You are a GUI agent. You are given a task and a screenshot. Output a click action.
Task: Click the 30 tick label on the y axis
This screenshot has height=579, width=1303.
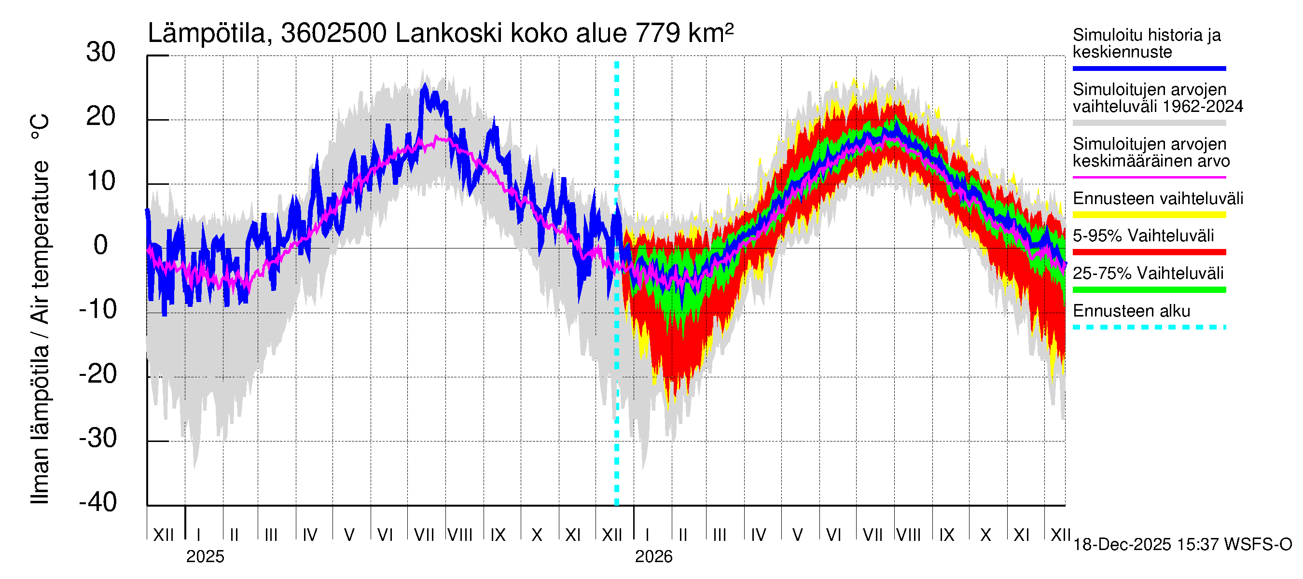coord(101,53)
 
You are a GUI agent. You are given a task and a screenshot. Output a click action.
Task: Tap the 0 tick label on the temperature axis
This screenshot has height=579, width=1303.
coord(101,245)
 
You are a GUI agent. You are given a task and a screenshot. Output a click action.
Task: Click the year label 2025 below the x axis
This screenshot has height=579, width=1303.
coord(205,557)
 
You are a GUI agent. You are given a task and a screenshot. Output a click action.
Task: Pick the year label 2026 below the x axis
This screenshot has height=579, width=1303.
coord(653,557)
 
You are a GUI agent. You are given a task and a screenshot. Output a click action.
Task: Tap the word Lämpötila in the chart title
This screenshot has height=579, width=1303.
coord(207,34)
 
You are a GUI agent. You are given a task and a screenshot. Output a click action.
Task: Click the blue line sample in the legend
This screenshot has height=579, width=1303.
coord(1149,68)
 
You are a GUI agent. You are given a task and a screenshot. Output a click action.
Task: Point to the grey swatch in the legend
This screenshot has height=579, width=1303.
coord(1149,123)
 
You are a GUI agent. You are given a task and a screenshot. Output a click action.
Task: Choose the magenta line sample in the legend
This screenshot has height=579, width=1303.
coord(1149,178)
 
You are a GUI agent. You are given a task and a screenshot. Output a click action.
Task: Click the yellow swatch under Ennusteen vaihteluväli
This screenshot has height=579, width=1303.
coord(1149,215)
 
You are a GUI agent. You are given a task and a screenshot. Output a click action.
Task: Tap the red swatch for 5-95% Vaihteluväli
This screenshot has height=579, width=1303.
coord(1149,252)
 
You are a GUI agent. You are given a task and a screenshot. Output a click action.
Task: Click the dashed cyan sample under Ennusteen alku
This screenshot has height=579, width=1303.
coord(1149,327)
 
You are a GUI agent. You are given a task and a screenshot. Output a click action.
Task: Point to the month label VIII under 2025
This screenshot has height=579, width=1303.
coord(460,535)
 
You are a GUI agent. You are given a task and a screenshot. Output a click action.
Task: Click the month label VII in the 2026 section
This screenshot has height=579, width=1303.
coord(873,535)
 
